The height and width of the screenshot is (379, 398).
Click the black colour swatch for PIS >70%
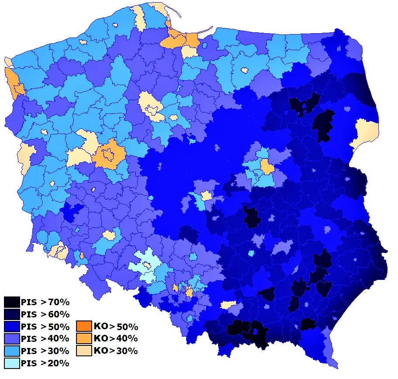tap(12, 302)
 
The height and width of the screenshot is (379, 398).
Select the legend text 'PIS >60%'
tap(45, 314)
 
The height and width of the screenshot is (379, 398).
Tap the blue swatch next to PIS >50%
tap(12, 326)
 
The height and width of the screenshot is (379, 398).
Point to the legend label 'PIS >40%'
tap(45, 338)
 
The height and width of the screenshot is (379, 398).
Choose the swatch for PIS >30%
tap(12, 351)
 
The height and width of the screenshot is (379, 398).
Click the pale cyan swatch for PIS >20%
tap(12, 363)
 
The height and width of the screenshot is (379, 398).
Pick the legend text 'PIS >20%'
tap(45, 363)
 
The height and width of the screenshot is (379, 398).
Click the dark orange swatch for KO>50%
tap(84, 326)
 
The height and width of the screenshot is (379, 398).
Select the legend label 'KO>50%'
tap(116, 327)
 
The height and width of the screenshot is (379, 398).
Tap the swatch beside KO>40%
tap(84, 338)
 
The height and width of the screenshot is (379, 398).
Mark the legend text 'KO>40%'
tap(116, 338)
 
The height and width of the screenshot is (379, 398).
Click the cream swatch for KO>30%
tap(84, 351)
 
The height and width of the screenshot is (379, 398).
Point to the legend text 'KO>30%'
tap(116, 351)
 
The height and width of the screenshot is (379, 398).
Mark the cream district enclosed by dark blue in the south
tap(228, 304)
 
